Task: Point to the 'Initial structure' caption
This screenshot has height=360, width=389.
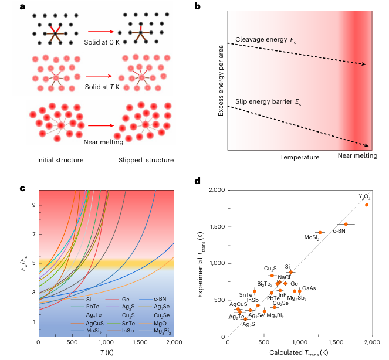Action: coord(59,160)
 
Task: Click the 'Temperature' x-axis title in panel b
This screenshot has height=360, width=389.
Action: coord(300,157)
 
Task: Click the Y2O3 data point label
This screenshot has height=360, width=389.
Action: coord(364,197)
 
